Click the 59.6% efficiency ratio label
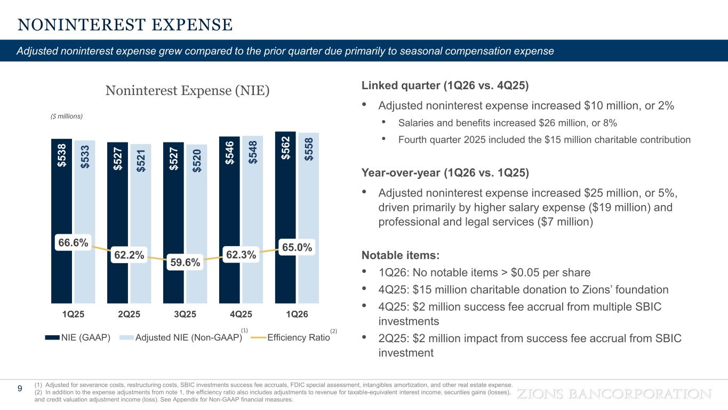pos(185,262)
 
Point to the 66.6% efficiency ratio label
pos(73,243)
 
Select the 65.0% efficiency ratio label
pos(297,248)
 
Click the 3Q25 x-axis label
pos(185,314)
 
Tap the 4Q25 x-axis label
pos(241,314)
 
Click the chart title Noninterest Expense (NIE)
pos(187,91)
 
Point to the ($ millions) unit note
pos(63,116)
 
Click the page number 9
pos(20,389)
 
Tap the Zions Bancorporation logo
pos(615,394)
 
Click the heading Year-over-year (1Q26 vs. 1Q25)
pos(445,174)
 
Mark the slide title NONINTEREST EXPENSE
pos(125,25)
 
